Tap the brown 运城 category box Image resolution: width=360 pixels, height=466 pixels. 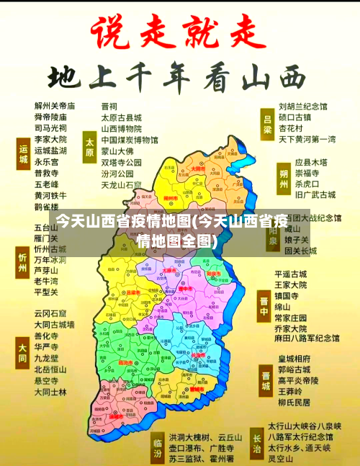point(22,155)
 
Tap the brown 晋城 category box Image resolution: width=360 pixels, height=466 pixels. point(266,381)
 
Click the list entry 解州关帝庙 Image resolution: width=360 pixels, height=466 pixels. point(54,105)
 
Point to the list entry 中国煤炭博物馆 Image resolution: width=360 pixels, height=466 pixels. point(130,140)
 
